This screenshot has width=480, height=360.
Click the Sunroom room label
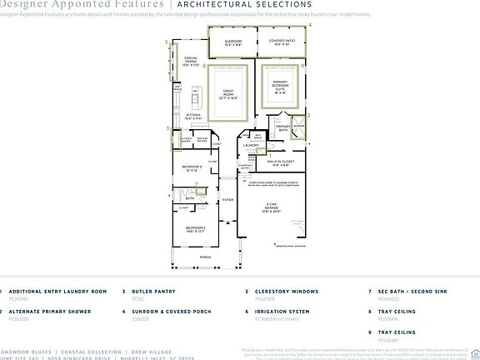point(232,41)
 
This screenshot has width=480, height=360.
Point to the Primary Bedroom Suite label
point(279,87)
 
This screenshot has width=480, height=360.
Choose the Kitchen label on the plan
point(193,117)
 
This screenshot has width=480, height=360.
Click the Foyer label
point(227,200)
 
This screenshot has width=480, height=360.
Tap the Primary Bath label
point(283,127)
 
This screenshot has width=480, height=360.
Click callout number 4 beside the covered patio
point(310,26)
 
